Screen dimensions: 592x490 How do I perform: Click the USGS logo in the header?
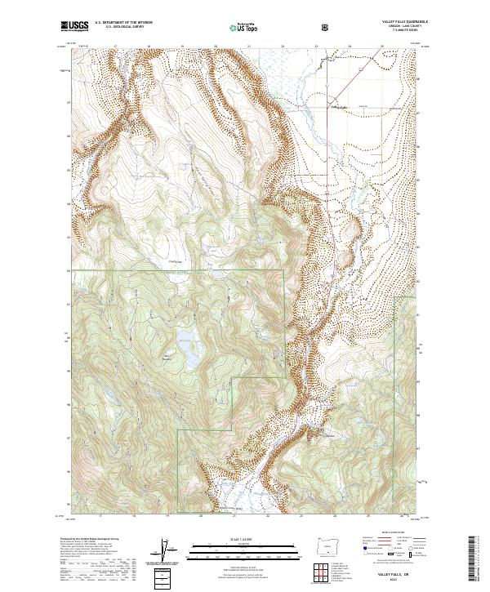coord(76,26)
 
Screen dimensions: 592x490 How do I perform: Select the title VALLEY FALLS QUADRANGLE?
coord(400,22)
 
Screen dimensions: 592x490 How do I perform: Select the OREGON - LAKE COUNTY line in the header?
coord(400,27)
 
